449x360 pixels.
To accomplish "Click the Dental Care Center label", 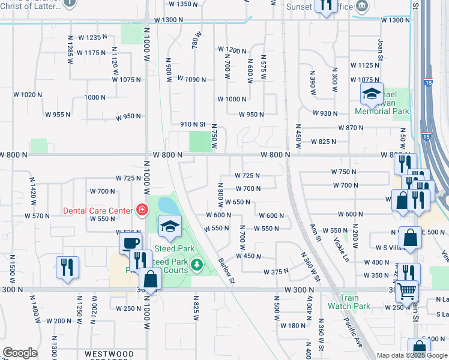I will coord(98,210).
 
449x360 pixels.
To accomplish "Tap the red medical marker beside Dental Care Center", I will coord(142,210).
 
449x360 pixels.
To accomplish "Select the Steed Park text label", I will coord(174,248).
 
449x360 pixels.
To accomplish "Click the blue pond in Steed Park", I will coord(168,206).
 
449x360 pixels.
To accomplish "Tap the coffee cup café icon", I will coord(130,243).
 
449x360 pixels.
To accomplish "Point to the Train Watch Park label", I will coord(349,301).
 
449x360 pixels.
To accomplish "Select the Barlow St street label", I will coord(226,271).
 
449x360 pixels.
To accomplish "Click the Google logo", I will coord(20,353).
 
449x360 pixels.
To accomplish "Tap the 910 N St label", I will coord(193,124).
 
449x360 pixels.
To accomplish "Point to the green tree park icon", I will coord(196,264).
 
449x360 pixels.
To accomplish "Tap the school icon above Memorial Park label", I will coord(371,94).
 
